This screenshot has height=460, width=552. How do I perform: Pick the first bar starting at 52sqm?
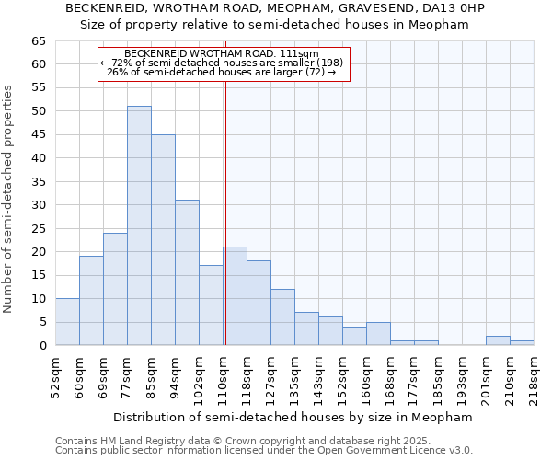[x=67, y=322]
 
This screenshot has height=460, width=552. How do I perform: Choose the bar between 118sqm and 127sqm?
[x=259, y=303]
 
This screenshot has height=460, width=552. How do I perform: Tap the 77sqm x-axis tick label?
[x=128, y=376]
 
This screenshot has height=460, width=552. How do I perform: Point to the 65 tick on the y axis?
[x=38, y=41]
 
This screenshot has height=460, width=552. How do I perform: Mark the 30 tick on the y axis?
[x=38, y=204]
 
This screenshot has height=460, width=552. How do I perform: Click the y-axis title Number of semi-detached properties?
[x=9, y=198]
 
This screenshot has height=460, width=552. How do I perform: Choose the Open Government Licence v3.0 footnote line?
[x=264, y=450]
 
